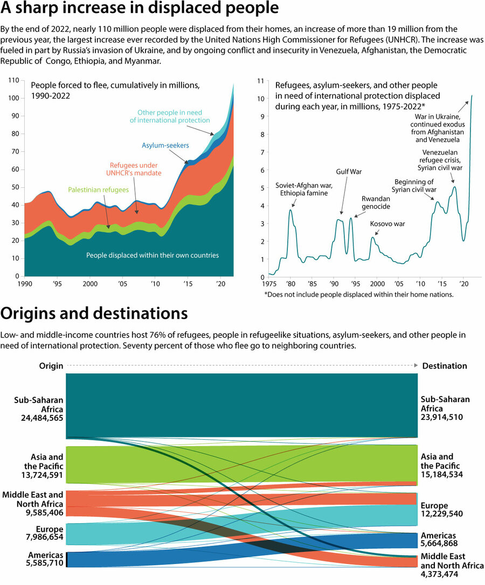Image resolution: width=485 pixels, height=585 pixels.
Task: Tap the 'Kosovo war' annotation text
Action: click(387, 223)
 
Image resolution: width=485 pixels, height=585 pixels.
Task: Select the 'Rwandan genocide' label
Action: click(376, 202)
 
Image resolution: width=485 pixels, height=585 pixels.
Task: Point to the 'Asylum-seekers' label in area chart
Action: click(165, 145)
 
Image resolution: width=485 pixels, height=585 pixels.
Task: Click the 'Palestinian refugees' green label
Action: click(98, 189)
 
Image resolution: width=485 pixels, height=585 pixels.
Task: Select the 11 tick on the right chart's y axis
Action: click(260, 81)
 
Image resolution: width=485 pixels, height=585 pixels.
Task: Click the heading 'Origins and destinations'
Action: click(94, 314)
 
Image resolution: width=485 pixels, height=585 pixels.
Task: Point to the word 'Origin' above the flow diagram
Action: click(51, 366)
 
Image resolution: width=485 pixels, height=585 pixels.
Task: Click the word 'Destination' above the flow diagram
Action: click(445, 366)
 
